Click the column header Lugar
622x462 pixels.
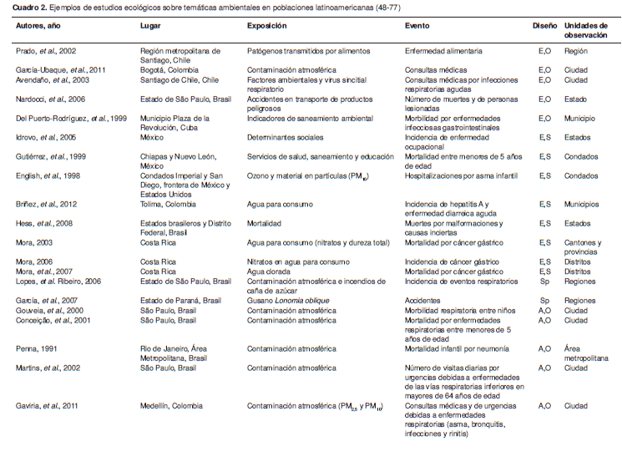[x=150, y=27]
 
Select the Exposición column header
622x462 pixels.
[x=267, y=27]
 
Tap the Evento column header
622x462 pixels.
[x=418, y=27]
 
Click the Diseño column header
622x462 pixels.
[x=544, y=27]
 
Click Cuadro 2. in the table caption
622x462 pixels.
[x=30, y=8]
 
